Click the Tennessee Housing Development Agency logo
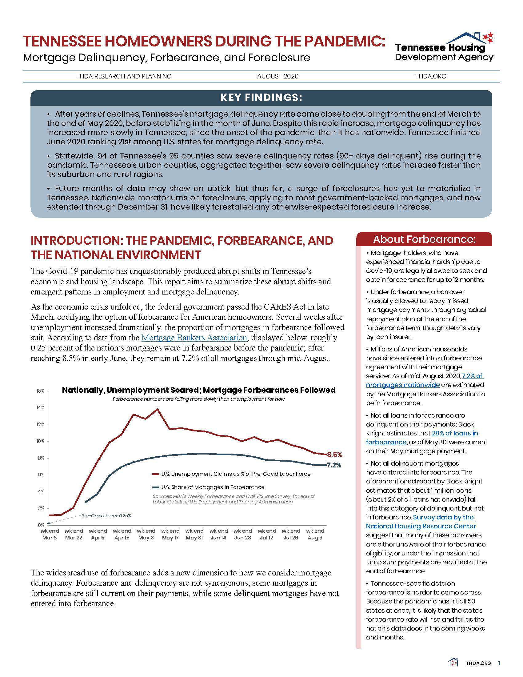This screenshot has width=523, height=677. (444, 47)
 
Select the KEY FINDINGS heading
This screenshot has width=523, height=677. (261, 97)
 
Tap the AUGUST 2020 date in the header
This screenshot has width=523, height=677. (277, 76)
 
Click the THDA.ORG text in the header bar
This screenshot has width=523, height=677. (431, 76)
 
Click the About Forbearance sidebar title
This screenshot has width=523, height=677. (424, 239)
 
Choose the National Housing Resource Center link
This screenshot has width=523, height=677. (421, 522)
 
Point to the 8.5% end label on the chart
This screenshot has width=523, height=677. (335, 455)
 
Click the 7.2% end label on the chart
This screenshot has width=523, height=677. (334, 465)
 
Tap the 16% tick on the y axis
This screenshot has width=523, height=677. (41, 391)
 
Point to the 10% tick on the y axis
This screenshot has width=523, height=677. (41, 441)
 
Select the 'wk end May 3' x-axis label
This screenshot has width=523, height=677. (146, 534)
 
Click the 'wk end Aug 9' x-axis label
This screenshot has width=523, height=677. (315, 534)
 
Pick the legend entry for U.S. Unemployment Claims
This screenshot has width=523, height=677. (235, 474)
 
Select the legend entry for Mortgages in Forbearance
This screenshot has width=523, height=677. (213, 487)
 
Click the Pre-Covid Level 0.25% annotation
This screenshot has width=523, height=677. (106, 515)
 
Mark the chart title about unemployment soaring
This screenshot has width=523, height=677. (199, 390)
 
